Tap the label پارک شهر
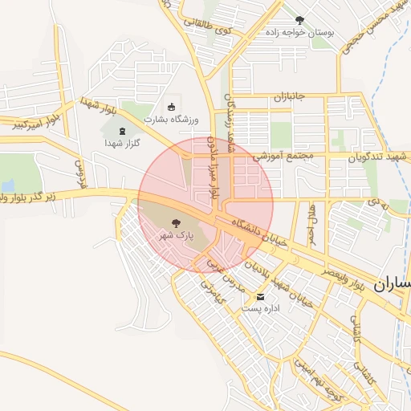click(175, 236)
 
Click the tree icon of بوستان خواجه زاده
click(299, 20)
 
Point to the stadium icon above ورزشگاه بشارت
click(170, 107)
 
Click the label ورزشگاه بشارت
click(170, 120)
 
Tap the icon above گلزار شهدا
click(122, 131)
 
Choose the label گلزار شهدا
click(122, 143)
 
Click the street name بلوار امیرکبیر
click(28, 122)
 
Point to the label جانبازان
click(288, 97)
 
